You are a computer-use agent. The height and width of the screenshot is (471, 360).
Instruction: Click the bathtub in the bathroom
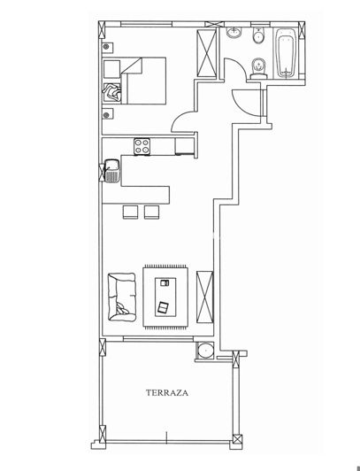point(287,56)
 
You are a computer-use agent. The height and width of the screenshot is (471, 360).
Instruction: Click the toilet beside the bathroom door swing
point(257,67)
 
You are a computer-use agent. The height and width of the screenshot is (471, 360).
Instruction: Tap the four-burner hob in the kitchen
point(142,145)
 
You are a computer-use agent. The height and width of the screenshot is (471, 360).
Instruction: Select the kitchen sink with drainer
point(111,170)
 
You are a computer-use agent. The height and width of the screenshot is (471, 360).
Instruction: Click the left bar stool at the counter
point(129,211)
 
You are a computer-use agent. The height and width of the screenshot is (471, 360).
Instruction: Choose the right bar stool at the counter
point(151,211)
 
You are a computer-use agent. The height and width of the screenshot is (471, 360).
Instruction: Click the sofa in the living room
point(119,295)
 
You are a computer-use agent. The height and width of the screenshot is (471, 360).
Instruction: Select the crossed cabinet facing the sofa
point(205,296)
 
